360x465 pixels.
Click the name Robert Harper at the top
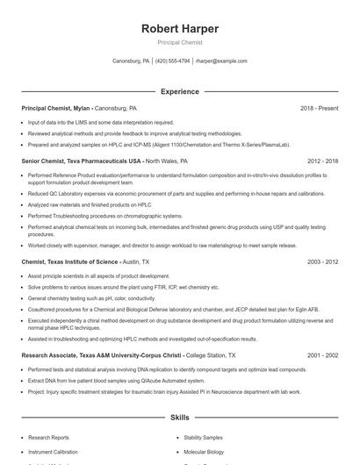tap(179, 29)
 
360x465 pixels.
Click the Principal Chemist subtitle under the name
tap(179, 42)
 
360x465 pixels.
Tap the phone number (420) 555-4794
tap(173, 61)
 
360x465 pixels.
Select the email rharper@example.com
tap(221, 61)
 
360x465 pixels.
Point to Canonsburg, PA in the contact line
tap(131, 61)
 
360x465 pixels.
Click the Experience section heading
tap(179, 91)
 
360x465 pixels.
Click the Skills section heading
tap(179, 418)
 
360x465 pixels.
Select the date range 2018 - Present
tap(319, 108)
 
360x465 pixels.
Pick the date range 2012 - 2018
tap(322, 161)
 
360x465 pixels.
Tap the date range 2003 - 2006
tap(322, 261)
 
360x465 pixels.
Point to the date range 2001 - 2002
tap(322, 355)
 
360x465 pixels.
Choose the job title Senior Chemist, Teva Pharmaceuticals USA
tap(81, 161)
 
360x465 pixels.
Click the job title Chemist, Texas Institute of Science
tap(70, 261)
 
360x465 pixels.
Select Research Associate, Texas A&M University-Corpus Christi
tap(100, 355)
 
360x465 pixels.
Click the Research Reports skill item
tap(49, 436)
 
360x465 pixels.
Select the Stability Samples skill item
tap(204, 436)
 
